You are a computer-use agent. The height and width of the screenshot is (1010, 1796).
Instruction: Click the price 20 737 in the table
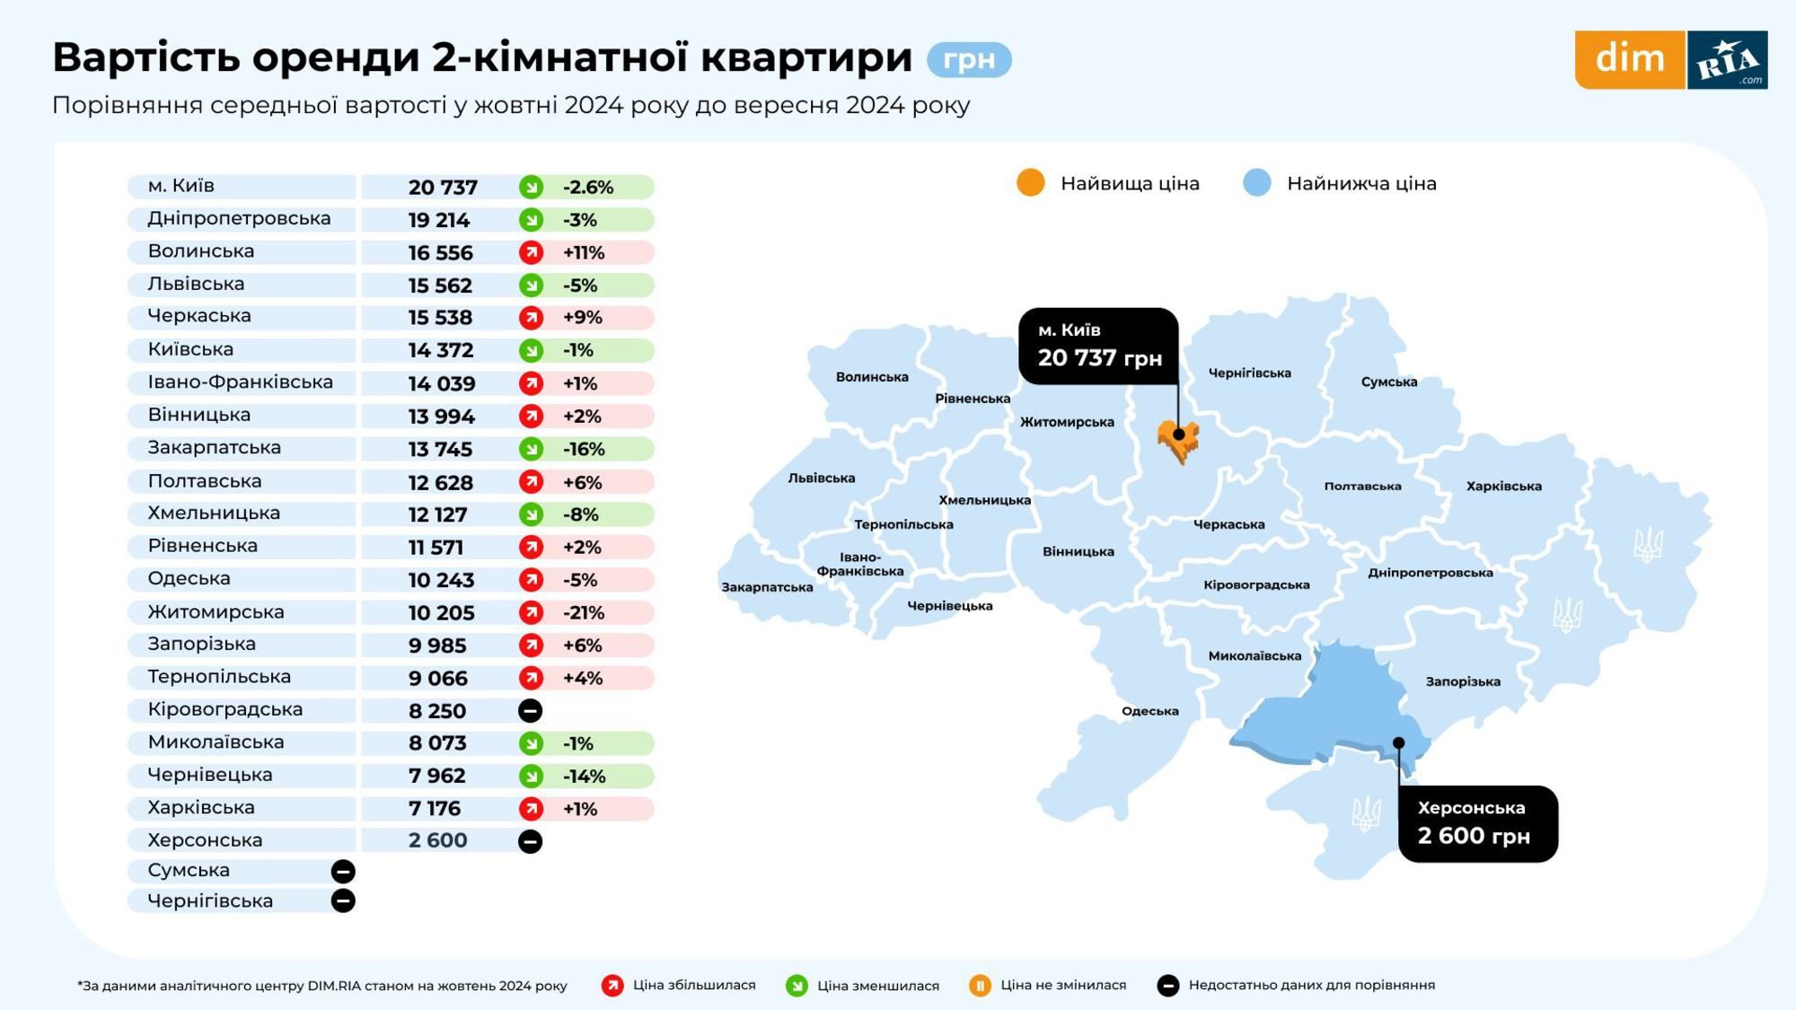pos(443,187)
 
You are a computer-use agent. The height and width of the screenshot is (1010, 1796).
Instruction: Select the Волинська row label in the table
pos(201,251)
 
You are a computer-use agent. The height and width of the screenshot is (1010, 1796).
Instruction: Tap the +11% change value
pos(584,252)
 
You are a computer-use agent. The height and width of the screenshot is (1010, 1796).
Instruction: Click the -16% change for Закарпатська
pos(584,449)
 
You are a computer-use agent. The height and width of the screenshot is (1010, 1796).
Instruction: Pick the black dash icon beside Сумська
pos(343,871)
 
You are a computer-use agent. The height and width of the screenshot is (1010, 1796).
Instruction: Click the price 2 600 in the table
pos(437,840)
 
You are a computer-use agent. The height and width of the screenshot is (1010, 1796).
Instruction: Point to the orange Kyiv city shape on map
pos(1177,440)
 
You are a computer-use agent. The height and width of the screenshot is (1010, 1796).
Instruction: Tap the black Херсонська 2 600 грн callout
pos(1477,823)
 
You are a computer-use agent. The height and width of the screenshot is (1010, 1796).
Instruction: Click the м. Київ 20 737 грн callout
pos(1098,346)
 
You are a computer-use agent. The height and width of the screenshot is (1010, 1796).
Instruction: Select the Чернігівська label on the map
pos(1249,373)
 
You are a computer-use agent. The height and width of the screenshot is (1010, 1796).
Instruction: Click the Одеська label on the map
pos(1149,711)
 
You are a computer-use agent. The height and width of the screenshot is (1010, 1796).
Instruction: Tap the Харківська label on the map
pos(1503,486)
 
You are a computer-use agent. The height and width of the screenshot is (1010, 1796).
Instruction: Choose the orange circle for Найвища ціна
pos(1030,182)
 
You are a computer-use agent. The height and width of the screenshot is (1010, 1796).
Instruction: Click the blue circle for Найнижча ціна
pos(1256,182)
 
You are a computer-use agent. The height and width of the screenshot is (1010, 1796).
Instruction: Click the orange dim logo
pos(1629,59)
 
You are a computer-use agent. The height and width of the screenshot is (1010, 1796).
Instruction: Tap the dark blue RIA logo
pos(1727,60)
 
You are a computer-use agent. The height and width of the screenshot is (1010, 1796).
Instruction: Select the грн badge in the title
pos(969,59)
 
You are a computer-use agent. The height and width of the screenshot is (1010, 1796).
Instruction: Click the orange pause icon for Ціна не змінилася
pos(980,986)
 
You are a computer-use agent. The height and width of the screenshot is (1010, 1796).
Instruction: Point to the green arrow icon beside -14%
pos(531,776)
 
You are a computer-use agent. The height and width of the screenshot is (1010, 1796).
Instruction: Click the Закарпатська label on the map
pos(767,587)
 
